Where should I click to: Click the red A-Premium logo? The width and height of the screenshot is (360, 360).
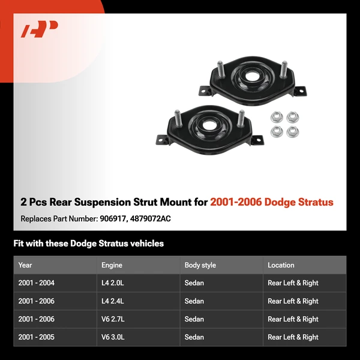pos(40,29)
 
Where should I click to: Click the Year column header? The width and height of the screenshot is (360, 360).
pos(25,265)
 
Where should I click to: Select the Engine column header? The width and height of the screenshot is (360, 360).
pos(112,265)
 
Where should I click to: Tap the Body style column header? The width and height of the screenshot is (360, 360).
pos(200,265)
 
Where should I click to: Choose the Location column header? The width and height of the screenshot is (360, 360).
pos(281,265)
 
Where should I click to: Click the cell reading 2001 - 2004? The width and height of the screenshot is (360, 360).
pos(36,283)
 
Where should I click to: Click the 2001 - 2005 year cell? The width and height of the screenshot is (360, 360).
pos(36,337)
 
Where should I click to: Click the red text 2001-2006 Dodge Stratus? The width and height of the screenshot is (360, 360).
pos(271,202)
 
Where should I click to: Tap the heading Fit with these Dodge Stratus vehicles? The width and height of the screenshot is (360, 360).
pos(88,244)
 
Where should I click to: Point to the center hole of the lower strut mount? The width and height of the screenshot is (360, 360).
pos(210,127)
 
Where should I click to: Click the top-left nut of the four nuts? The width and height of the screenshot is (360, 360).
pos(277,117)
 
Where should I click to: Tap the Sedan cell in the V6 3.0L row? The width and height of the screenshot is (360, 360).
pos(194,337)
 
